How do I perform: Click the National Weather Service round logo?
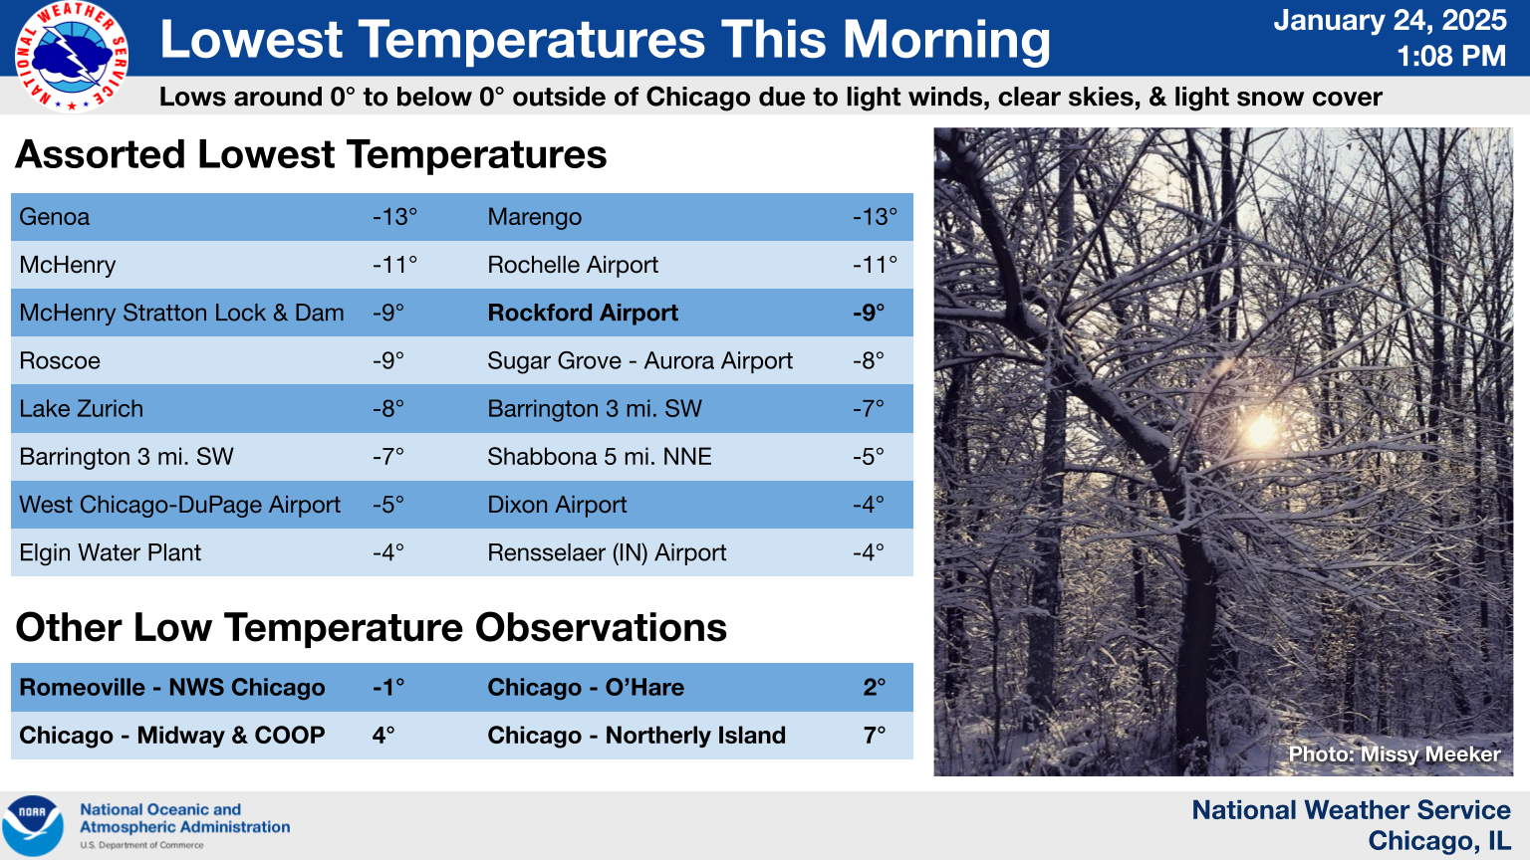click(71, 56)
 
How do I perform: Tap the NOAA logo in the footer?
click(33, 825)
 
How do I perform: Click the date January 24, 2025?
click(1390, 20)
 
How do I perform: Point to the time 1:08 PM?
click(1450, 56)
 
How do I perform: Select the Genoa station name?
click(55, 217)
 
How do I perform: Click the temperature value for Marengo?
click(875, 217)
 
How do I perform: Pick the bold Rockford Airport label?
click(583, 313)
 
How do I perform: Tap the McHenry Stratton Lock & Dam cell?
click(181, 313)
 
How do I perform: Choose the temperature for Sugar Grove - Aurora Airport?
click(869, 360)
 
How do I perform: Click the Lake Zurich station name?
click(82, 409)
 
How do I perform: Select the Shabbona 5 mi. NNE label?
click(600, 457)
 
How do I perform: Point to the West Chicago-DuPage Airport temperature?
click(387, 505)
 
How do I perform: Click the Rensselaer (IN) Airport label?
click(607, 552)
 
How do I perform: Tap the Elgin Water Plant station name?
click(110, 552)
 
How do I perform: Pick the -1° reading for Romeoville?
click(387, 687)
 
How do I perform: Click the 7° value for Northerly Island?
click(875, 736)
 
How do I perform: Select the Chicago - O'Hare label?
click(586, 687)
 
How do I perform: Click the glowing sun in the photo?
click(1260, 430)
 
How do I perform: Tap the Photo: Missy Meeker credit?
click(1395, 754)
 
